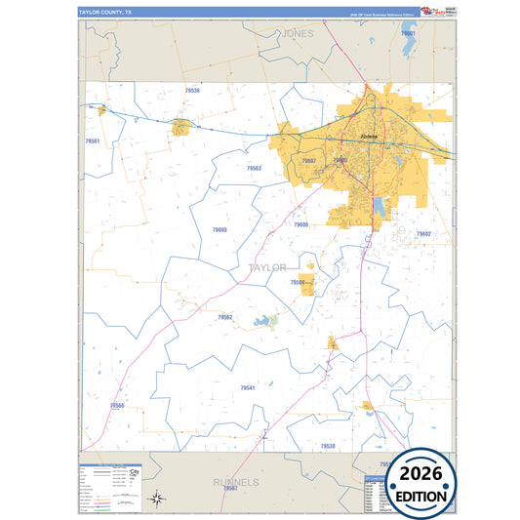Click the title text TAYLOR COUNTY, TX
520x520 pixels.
(x=106, y=13)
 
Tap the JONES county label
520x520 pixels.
(x=298, y=33)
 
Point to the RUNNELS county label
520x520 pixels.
(x=236, y=482)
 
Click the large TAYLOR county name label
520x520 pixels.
(x=267, y=267)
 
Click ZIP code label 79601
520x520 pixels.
(x=408, y=34)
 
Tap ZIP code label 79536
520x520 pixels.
(x=192, y=91)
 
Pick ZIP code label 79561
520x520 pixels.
(x=93, y=141)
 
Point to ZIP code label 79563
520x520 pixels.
(x=254, y=169)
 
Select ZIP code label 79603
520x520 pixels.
(x=220, y=230)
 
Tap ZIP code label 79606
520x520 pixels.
(x=300, y=224)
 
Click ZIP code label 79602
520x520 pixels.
(x=423, y=234)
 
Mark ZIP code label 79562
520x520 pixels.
(x=225, y=317)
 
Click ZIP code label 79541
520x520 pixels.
(x=248, y=388)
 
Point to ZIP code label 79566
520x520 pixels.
(x=117, y=405)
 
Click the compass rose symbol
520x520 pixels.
(x=156, y=500)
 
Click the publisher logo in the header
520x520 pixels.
(x=430, y=11)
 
